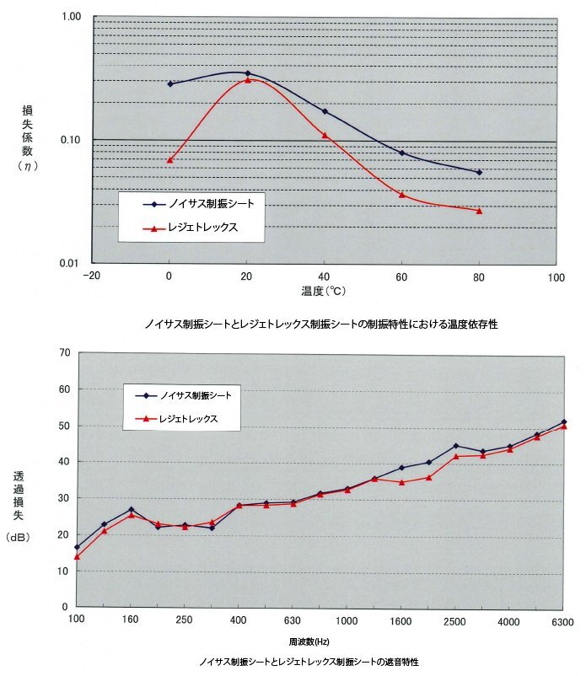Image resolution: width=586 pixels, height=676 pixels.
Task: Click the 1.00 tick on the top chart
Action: tap(70, 17)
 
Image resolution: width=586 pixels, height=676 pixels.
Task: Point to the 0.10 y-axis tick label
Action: tap(70, 140)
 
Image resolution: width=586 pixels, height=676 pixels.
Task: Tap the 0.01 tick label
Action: tap(70, 263)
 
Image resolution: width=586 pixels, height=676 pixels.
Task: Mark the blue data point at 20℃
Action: tap(247, 73)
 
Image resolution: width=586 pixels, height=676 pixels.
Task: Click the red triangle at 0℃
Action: tap(169, 159)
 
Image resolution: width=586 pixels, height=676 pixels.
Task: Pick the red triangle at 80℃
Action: tap(479, 210)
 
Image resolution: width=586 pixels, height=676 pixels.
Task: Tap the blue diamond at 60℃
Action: tap(402, 153)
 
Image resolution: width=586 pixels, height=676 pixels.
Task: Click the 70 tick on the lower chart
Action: tap(63, 352)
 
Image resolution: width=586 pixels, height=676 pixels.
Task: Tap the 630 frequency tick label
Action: tap(292, 622)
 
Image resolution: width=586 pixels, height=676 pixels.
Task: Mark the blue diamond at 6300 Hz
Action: tap(564, 421)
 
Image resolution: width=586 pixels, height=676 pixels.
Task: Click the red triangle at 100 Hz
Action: tap(77, 556)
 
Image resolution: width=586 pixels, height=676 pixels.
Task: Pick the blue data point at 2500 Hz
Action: tap(455, 446)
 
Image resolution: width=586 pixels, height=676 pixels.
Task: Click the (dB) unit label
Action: tap(19, 536)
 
